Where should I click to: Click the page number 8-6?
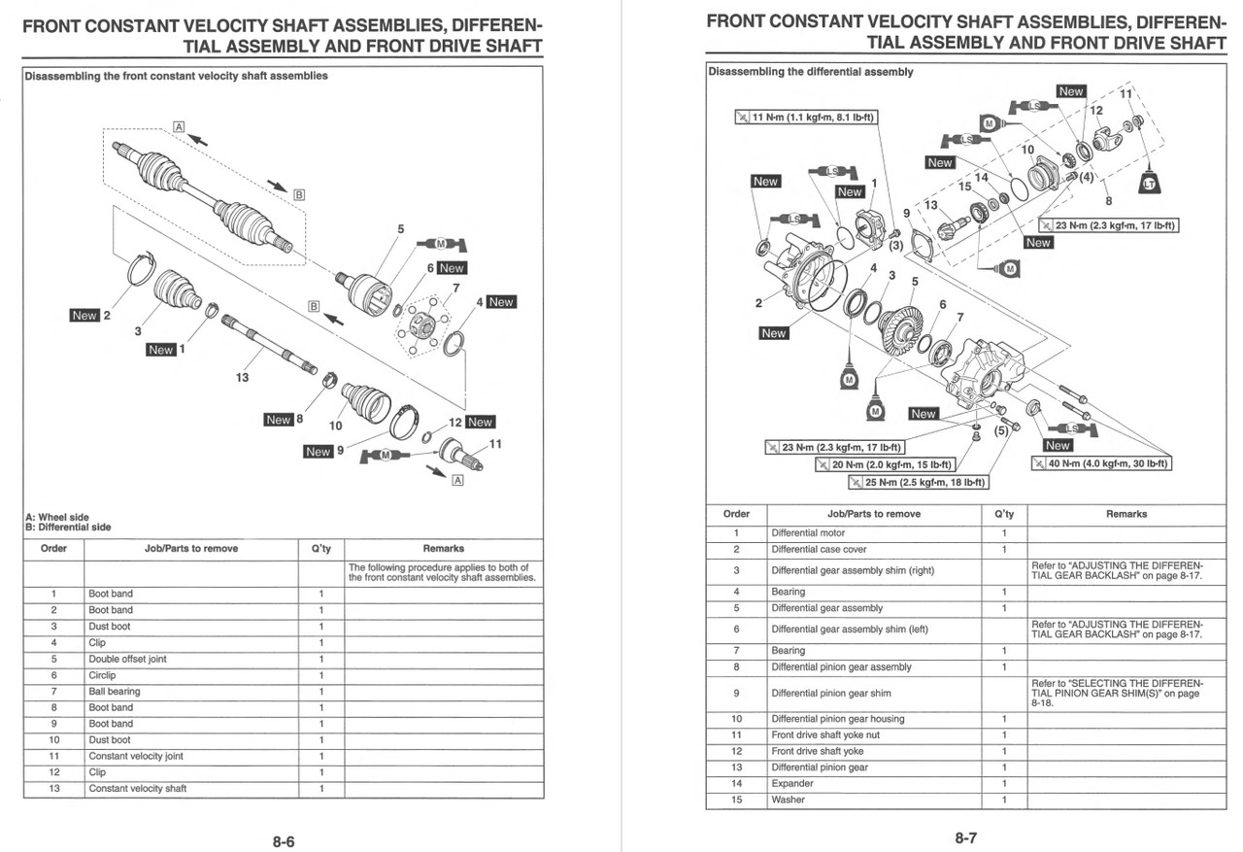(x=284, y=841)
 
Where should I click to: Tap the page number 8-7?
(x=965, y=837)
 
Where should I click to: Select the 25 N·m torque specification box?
(x=918, y=482)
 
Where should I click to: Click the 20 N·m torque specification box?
(x=885, y=465)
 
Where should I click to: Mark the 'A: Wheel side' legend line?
(x=57, y=518)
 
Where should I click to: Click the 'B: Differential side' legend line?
(x=68, y=528)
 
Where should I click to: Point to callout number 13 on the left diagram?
(x=242, y=378)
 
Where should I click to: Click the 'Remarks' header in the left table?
(x=443, y=549)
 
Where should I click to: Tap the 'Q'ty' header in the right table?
(x=1004, y=514)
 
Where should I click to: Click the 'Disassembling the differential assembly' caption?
(x=811, y=72)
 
